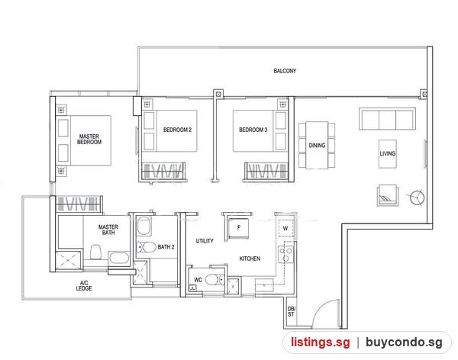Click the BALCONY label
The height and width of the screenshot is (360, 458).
click(285, 71)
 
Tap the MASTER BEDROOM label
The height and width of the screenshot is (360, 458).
click(89, 139)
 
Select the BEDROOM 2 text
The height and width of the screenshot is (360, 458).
click(177, 130)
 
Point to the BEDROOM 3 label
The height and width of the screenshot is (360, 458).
click(253, 130)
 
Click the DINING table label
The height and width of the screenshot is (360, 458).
click(317, 145)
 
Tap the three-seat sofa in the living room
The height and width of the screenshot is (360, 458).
click(387, 118)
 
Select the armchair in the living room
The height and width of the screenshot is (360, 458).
click(387, 195)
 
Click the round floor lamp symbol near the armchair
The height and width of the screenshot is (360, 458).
click(417, 198)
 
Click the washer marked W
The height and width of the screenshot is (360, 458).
click(285, 228)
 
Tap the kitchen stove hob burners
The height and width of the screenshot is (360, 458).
click(285, 254)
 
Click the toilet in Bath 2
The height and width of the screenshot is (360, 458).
click(147, 247)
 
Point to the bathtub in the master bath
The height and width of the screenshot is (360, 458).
click(119, 259)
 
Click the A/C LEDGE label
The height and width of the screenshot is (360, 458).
click(84, 285)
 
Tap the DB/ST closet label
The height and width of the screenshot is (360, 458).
click(292, 311)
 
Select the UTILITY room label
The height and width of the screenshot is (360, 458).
click(205, 241)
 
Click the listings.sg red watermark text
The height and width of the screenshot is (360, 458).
click(320, 342)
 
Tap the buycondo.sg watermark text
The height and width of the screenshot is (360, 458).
click(404, 342)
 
